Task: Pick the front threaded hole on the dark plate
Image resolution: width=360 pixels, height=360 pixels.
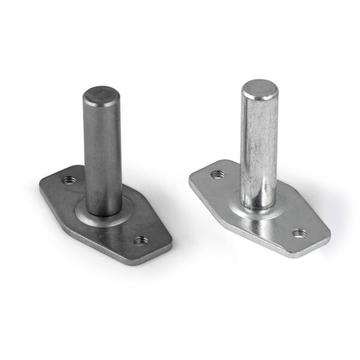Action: pyautogui.click(x=141, y=240)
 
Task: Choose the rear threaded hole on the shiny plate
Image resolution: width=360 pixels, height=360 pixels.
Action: pyautogui.click(x=217, y=175)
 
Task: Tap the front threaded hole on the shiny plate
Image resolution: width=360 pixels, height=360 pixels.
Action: pyautogui.click(x=298, y=233)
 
